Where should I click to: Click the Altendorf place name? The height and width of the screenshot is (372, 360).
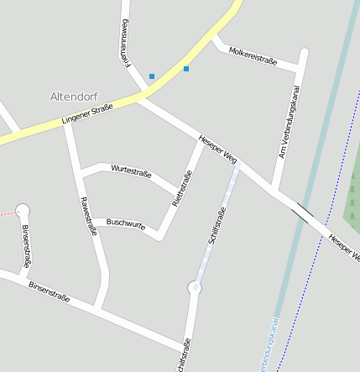[74, 97]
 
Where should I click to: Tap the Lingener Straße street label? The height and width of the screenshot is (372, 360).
[87, 115]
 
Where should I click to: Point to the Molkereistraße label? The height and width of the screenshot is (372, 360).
[253, 55]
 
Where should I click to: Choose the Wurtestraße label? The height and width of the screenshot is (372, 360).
[131, 172]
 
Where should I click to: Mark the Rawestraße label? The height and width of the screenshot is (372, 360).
[87, 216]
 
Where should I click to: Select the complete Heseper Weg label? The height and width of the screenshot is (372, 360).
[218, 148]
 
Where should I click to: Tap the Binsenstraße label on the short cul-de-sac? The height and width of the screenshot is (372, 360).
[26, 246]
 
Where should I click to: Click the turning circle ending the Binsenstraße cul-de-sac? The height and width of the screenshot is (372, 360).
[23, 211]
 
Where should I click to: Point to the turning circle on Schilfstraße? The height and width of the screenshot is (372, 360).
[195, 288]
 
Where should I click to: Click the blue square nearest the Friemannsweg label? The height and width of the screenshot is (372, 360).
[152, 76]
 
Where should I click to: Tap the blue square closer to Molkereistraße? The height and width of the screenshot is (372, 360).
[186, 69]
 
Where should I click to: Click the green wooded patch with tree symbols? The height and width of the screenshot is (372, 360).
[352, 189]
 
